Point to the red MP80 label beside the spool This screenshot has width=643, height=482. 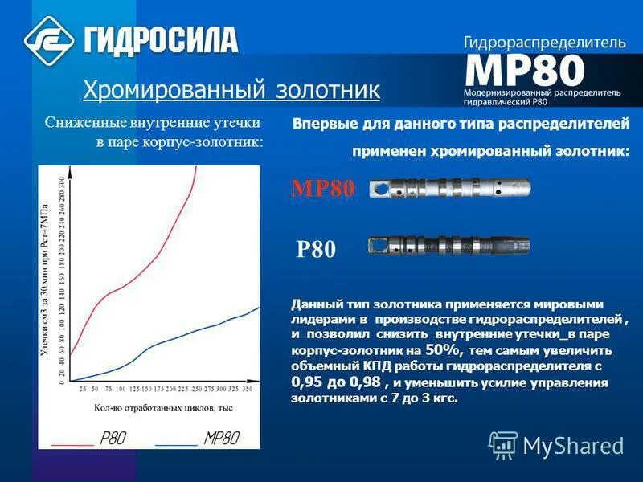click(322, 189)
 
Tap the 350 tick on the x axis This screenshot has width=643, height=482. click(247, 389)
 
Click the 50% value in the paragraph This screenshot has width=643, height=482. click(441, 349)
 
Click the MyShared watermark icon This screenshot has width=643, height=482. click(503, 444)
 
